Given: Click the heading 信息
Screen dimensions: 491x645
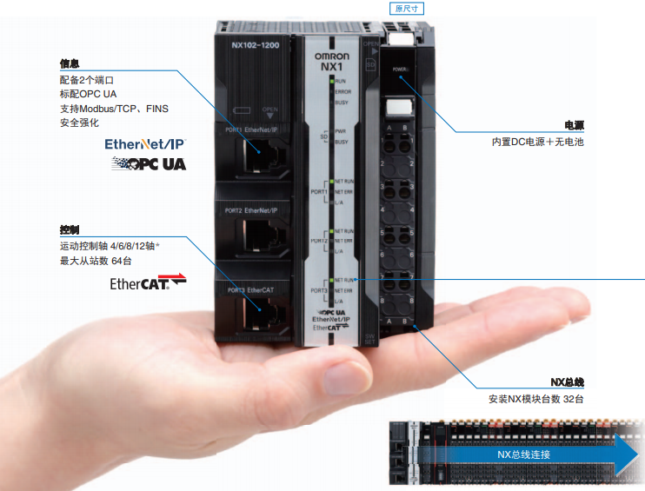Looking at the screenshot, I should point(70,63).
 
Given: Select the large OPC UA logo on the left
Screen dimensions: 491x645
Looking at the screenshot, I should point(148,163).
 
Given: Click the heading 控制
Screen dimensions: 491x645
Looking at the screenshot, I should point(70,230).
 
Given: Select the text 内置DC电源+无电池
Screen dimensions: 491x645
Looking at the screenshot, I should point(537,141).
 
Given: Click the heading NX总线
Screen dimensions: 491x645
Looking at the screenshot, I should point(567,382).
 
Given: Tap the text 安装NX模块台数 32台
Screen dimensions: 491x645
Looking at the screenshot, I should point(536,399).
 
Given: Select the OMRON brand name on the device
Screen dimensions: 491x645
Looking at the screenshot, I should point(331,56).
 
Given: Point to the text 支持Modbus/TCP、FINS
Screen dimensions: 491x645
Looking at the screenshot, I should point(114,109).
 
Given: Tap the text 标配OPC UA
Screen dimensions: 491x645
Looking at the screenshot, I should point(90,94).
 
